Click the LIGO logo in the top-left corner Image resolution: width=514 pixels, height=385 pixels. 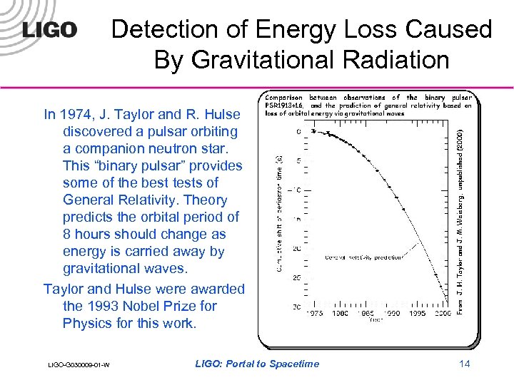pyautogui.click(x=49, y=30)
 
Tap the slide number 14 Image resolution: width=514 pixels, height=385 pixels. pyautogui.click(x=464, y=364)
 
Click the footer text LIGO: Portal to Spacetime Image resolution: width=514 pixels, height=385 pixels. pyautogui.click(x=257, y=364)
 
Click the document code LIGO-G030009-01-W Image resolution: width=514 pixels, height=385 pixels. pyautogui.click(x=79, y=365)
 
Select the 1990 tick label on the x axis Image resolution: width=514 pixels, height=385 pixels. pyautogui.click(x=392, y=312)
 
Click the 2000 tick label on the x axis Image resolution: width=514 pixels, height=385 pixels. pyautogui.click(x=443, y=312)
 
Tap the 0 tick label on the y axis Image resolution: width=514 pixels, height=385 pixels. pyautogui.click(x=298, y=131)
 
